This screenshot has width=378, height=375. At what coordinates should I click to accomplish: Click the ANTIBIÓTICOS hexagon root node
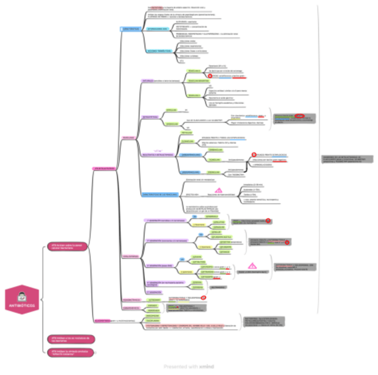[22, 299]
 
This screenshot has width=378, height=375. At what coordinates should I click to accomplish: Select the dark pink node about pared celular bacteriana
[67, 247]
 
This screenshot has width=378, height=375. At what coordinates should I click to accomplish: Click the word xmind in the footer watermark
[206, 367]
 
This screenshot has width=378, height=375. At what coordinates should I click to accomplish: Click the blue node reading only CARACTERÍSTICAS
[131, 29]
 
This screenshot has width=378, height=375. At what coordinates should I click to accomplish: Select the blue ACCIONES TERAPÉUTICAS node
[160, 51]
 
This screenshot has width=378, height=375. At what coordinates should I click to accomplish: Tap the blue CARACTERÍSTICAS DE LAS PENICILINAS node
[160, 195]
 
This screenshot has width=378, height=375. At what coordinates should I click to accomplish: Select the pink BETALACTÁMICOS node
[105, 168]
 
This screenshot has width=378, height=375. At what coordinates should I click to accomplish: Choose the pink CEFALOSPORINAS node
[131, 257]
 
